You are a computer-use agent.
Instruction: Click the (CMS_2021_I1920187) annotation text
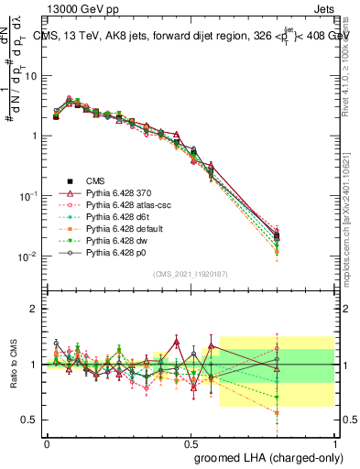tap(191, 275)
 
